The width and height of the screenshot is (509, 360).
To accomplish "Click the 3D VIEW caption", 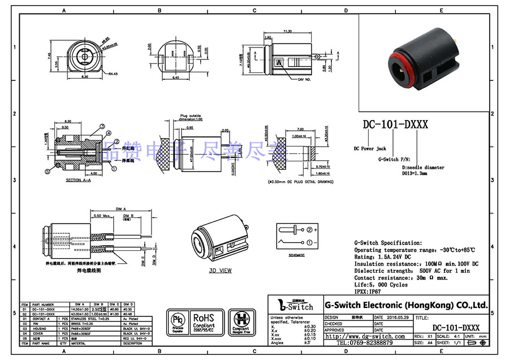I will click(x=221, y=271).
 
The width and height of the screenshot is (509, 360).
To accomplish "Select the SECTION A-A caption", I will click(x=77, y=180).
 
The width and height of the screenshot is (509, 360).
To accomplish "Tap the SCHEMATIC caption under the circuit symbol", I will click(x=296, y=255).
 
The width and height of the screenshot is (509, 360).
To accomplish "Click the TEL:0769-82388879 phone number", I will click(x=365, y=343).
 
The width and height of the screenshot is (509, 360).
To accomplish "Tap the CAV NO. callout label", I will click(x=305, y=80).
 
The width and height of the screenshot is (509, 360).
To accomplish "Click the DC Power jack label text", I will click(x=370, y=148).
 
